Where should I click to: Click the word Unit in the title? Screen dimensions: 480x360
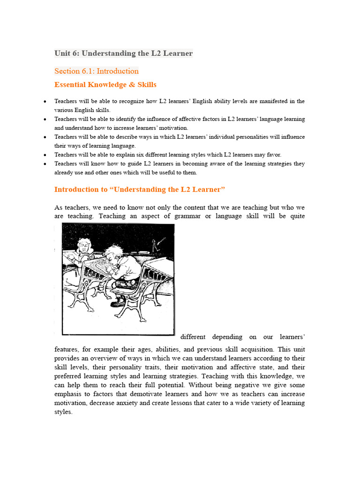coord(62,53)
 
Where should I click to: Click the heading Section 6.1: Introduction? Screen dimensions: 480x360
coord(97,71)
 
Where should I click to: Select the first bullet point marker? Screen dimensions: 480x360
coord(44,101)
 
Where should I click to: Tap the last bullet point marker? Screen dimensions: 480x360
coord(44,164)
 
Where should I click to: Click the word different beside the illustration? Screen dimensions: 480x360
coord(193,337)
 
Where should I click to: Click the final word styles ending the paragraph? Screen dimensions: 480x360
coord(63,412)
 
